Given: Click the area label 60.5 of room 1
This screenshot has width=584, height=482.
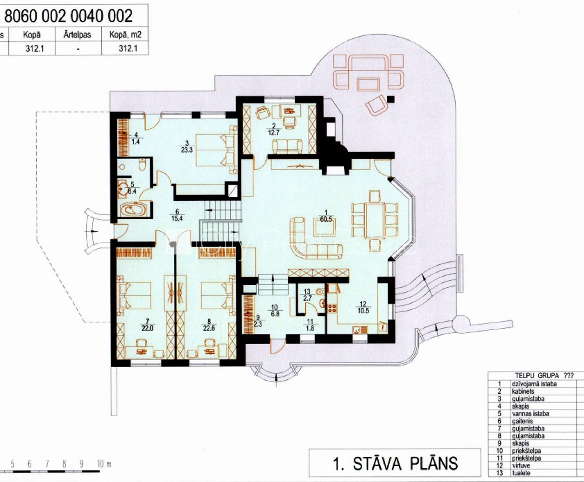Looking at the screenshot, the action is click(326, 219).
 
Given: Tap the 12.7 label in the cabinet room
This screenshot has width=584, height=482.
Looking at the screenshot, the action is click(273, 133).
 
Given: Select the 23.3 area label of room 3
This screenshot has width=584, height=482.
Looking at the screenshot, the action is click(187, 150).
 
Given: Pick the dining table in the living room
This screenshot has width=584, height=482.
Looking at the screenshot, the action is click(375, 219).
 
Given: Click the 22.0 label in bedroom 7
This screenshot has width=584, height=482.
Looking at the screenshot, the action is click(147, 328).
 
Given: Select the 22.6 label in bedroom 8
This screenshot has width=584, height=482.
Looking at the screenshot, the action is click(209, 328).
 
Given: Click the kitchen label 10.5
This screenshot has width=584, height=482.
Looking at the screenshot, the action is click(363, 311).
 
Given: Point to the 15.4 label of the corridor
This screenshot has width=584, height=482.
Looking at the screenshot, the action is click(177, 218).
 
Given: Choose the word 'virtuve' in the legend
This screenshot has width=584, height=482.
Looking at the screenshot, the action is click(521, 465).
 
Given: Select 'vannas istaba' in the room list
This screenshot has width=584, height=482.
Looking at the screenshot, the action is click(530, 414).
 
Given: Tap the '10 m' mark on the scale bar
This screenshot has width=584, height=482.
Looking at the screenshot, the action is click(104, 464).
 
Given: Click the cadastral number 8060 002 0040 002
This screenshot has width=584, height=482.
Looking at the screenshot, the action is click(68, 16).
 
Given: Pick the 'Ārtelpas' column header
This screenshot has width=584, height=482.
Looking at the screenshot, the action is click(77, 35).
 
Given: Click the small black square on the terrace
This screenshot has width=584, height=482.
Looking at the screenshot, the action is click(391, 99).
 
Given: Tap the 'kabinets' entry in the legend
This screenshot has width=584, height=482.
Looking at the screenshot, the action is click(523, 391).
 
